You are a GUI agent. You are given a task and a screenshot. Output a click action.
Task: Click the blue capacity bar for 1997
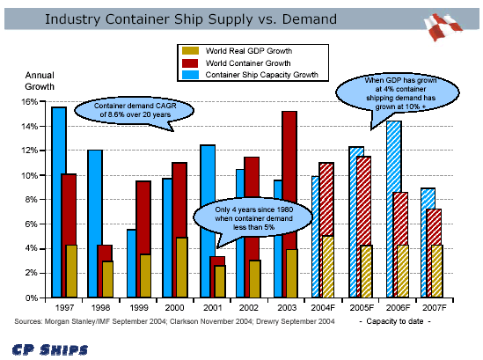pyautogui.click(x=58, y=202)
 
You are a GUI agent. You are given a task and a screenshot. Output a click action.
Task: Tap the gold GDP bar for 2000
pyautogui.click(x=181, y=268)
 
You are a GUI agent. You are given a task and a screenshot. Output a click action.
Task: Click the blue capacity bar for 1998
pyautogui.click(x=94, y=224)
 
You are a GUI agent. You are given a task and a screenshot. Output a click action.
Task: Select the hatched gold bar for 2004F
pyautogui.click(x=328, y=267)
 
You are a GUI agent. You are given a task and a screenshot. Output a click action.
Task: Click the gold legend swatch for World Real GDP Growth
pyautogui.click(x=190, y=50)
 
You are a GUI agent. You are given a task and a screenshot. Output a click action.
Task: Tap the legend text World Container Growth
pyautogui.click(x=248, y=63)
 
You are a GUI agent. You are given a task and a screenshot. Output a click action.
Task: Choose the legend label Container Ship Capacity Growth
pyautogui.click(x=261, y=75)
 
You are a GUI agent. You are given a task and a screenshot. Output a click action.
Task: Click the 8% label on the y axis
pyautogui.click(x=31, y=200)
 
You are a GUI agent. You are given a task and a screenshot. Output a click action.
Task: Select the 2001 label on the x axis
pyautogui.click(x=212, y=307)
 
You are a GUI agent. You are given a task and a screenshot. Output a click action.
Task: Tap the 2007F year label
pyautogui.click(x=435, y=307)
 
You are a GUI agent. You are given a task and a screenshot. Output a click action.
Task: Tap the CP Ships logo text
pyautogui.click(x=50, y=349)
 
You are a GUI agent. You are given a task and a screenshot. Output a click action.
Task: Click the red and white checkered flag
pyautogui.click(x=442, y=26)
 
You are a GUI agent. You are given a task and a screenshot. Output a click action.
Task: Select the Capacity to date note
pyautogui.click(x=395, y=321)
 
